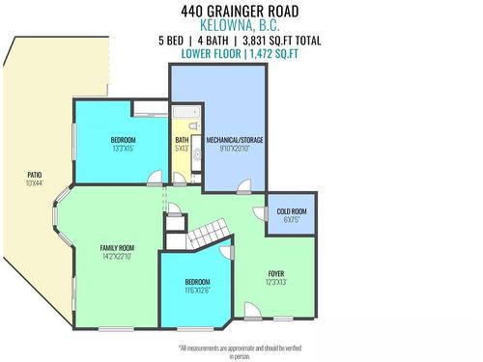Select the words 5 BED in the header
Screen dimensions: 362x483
coord(175,41)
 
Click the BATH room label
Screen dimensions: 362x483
coord(182,139)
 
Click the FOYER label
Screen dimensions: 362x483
coord(276,273)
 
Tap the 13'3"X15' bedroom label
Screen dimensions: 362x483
coord(122,149)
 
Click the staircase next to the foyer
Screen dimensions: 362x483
coord(210,234)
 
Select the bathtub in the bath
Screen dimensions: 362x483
coord(185,118)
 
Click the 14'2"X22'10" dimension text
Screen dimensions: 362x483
coord(117,257)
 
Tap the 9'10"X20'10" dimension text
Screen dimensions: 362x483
coord(234,149)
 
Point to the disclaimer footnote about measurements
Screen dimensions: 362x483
coord(241,351)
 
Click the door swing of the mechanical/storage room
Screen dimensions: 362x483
coord(242,185)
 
